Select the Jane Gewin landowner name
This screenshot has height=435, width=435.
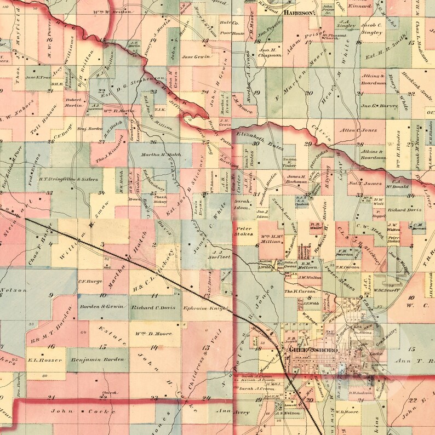pos(196,56)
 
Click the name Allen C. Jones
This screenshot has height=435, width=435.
pos(359,130)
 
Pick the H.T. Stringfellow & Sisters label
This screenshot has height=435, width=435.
pos(71,179)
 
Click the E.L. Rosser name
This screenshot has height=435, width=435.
pos(43,360)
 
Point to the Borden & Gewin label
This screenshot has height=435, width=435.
pos(100,307)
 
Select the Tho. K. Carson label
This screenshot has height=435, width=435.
pos(299,291)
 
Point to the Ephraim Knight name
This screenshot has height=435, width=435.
pos(205,308)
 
